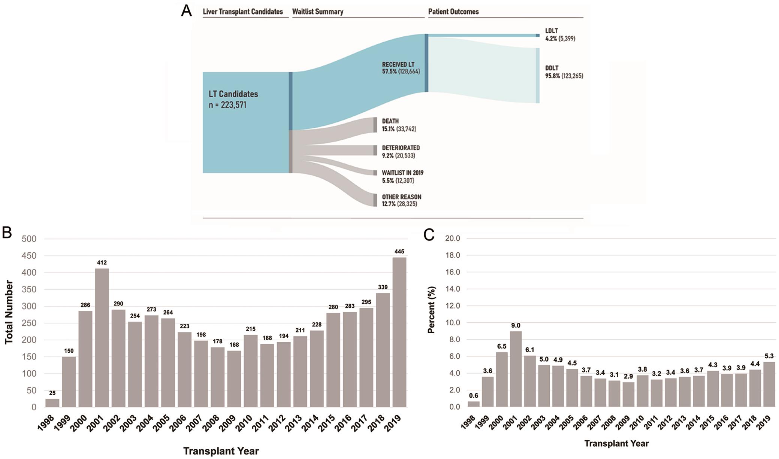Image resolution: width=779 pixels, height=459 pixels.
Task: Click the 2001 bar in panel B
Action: click(102, 337)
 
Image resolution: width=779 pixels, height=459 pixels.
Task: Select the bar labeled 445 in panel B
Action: click(399, 332)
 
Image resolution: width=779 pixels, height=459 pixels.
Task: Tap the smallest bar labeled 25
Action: click(52, 403)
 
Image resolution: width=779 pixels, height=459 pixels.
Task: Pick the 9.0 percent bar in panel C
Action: click(516, 369)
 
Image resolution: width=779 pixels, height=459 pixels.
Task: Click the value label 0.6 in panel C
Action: click(474, 395)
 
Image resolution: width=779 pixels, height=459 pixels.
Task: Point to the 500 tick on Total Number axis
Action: click(29, 239)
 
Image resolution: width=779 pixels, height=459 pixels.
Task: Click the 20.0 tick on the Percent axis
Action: click(452, 238)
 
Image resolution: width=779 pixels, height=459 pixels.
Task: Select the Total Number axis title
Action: click(9, 312)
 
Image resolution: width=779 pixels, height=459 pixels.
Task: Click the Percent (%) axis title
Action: click(432, 310)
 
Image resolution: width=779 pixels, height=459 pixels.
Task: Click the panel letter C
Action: click(429, 235)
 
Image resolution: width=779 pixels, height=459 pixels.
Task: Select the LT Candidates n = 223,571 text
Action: click(233, 99)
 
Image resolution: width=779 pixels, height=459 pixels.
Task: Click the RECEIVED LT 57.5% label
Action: click(401, 68)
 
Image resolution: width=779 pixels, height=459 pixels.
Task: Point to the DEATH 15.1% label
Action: click(399, 125)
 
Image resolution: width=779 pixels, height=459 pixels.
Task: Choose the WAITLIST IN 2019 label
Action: click(402, 177)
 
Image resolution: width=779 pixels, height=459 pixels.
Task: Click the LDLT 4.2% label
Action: click(560, 34)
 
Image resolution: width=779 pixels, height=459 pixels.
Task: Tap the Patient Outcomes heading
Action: click(453, 12)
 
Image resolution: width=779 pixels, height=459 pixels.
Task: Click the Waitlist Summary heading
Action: click(318, 12)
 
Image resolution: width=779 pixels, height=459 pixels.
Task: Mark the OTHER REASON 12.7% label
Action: click(401, 200)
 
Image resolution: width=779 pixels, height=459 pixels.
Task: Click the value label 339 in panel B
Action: click(383, 287)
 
